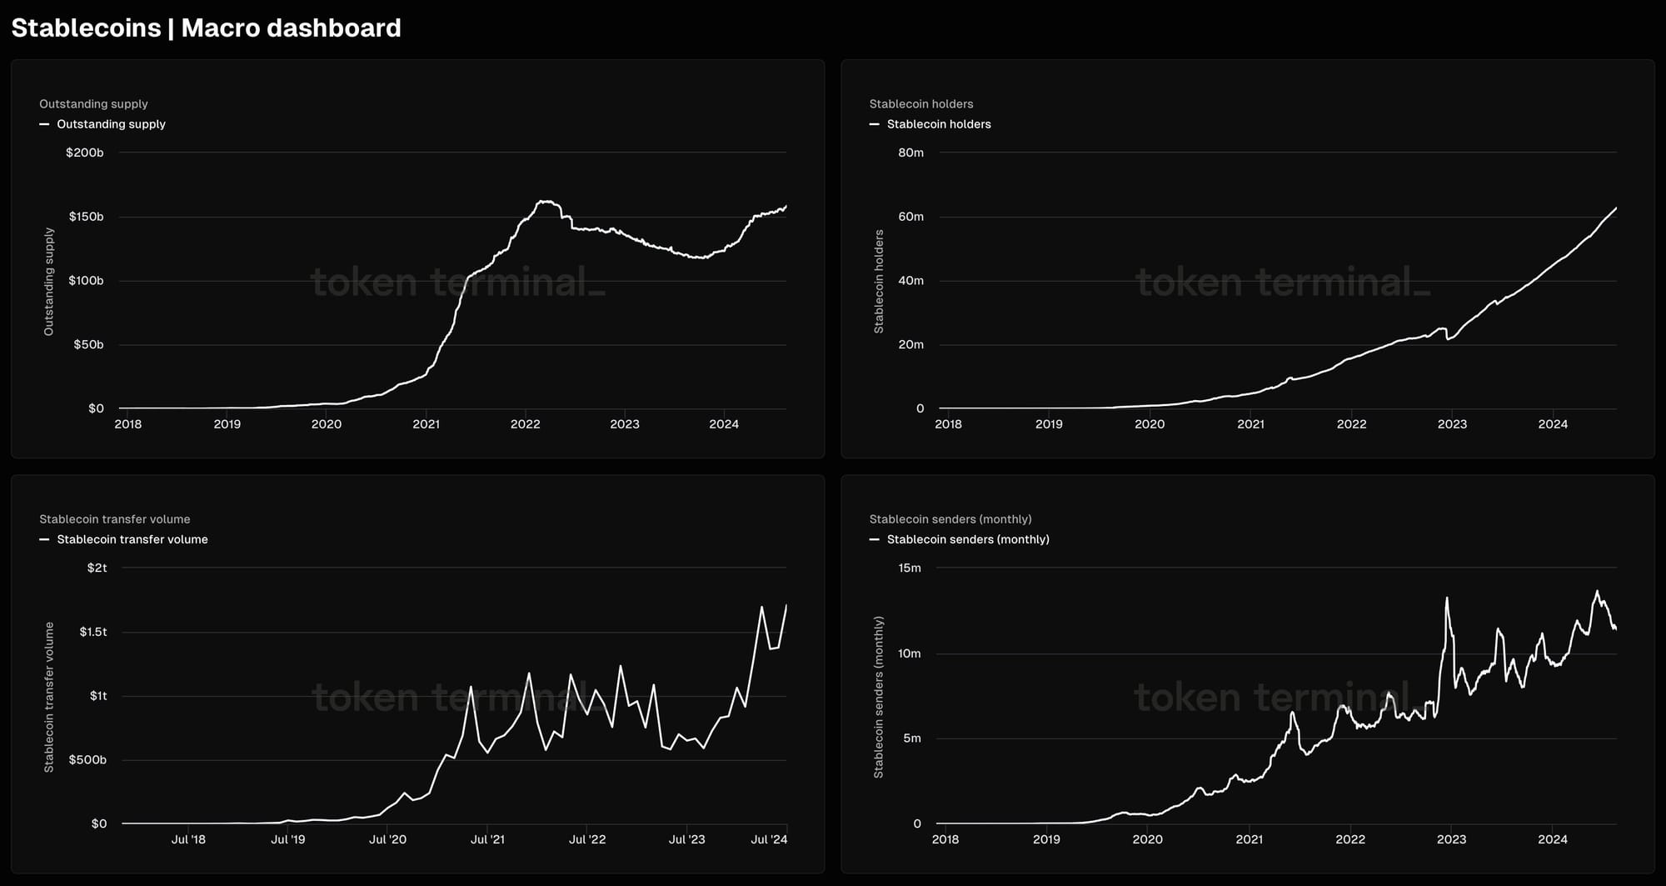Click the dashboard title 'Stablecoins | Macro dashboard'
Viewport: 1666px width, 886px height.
coord(206,28)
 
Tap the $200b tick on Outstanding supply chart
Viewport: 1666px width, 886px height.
coord(85,153)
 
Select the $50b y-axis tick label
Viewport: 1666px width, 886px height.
coord(88,344)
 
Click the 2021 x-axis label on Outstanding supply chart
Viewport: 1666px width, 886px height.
coord(426,424)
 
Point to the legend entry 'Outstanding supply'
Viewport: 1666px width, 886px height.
coord(111,124)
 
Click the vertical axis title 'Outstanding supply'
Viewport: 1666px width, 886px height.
coord(49,282)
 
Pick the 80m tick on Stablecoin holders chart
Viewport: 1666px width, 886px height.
coord(911,153)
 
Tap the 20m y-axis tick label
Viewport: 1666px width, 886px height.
coord(911,344)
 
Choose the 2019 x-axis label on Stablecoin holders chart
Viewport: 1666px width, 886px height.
coord(1049,424)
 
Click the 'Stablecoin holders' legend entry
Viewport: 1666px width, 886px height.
coord(939,124)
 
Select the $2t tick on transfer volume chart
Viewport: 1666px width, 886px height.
coord(97,568)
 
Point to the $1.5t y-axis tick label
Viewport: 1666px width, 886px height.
coord(93,632)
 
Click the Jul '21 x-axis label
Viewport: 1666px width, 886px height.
coord(487,839)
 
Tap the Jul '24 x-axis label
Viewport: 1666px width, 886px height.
coord(769,839)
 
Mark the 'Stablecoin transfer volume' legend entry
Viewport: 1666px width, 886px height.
coord(132,539)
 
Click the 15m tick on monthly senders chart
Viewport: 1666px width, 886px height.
coord(910,568)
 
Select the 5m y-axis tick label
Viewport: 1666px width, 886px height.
coord(913,738)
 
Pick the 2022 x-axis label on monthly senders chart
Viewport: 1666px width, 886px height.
coord(1350,839)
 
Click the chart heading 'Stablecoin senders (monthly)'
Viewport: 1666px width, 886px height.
coord(950,519)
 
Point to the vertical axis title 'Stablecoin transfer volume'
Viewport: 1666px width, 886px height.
coord(49,697)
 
